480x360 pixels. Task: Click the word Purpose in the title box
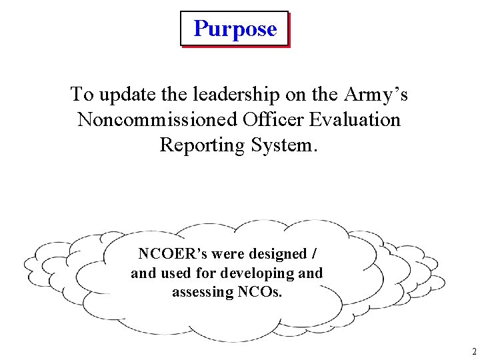pos(235,29)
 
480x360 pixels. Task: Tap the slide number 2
pos(474,351)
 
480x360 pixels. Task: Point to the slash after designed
pos(314,254)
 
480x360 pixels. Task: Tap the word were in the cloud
pos(224,254)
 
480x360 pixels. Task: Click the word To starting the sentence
pos(82,95)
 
